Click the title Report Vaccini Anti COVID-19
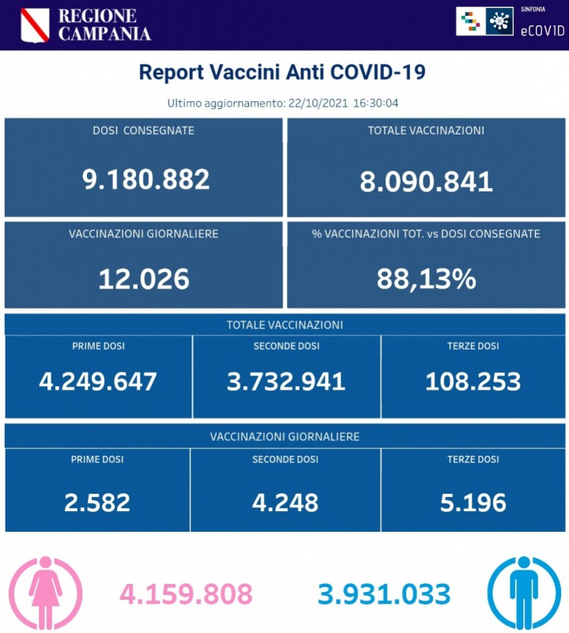click(x=283, y=73)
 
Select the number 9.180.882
click(x=146, y=180)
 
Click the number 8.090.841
click(x=426, y=181)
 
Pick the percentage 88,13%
click(x=426, y=278)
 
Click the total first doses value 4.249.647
click(x=98, y=381)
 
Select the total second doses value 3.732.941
click(x=286, y=381)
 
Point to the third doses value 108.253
click(x=472, y=381)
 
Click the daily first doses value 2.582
click(x=98, y=502)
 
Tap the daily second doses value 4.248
click(x=286, y=502)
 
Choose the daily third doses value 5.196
click(x=472, y=502)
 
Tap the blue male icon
click(x=523, y=590)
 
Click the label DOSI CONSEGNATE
click(x=143, y=131)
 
